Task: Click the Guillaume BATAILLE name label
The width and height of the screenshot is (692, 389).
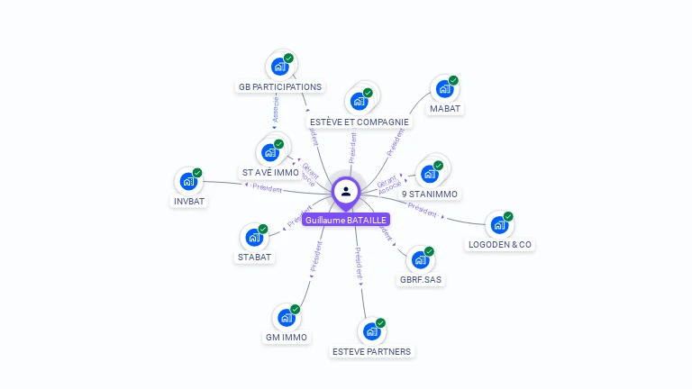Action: pos(346,220)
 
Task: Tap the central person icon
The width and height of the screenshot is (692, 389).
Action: pos(346,191)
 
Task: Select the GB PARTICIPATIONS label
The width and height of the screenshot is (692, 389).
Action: pos(280,87)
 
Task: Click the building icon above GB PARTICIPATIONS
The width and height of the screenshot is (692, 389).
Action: pos(280,66)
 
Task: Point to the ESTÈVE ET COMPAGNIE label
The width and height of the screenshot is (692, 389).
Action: pos(359,122)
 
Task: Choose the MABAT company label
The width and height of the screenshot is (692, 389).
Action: pos(445,109)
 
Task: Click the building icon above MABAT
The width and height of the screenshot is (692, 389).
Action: pos(444,88)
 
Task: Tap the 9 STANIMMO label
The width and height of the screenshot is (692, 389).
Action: pos(430,194)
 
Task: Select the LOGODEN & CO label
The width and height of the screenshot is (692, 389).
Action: pos(500,244)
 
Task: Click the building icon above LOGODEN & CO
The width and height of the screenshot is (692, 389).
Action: pos(499,224)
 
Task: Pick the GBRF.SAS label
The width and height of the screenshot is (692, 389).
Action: pos(421,279)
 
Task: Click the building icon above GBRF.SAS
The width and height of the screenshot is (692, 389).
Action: pos(420,259)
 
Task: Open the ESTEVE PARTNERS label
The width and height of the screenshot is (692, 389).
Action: pos(371,351)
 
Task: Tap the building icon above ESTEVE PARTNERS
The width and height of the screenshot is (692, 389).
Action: pos(371,331)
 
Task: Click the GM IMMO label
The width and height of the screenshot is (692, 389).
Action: pos(287,338)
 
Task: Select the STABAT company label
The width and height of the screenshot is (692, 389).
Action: pos(255,257)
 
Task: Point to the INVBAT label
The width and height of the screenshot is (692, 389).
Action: pos(189,201)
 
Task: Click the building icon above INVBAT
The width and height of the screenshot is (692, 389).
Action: pos(188,181)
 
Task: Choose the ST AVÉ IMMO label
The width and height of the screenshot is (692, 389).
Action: pos(270,172)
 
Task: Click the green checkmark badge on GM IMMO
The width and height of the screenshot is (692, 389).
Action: pos(296,310)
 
